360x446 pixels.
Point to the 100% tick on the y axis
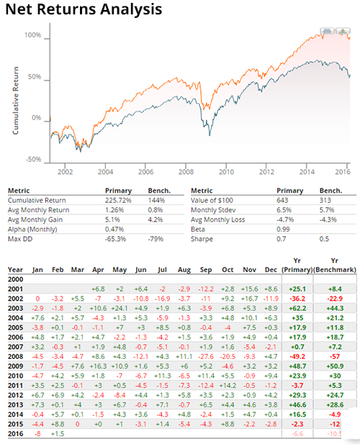(33, 35)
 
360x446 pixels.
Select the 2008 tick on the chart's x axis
(186, 172)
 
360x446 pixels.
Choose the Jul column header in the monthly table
(162, 269)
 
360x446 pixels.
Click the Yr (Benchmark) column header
(338, 265)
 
